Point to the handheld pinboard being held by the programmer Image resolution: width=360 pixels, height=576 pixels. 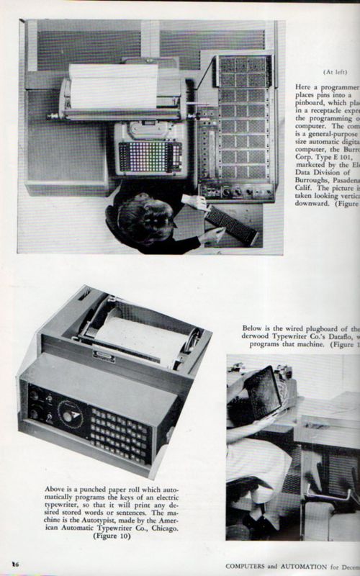(x=230, y=224)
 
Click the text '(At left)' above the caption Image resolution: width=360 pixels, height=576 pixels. (x=336, y=72)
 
